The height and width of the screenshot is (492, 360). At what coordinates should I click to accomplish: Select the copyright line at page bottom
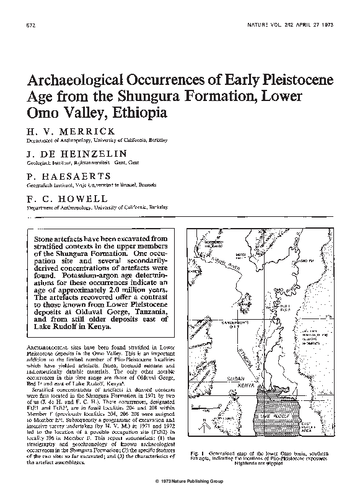[180, 481]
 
